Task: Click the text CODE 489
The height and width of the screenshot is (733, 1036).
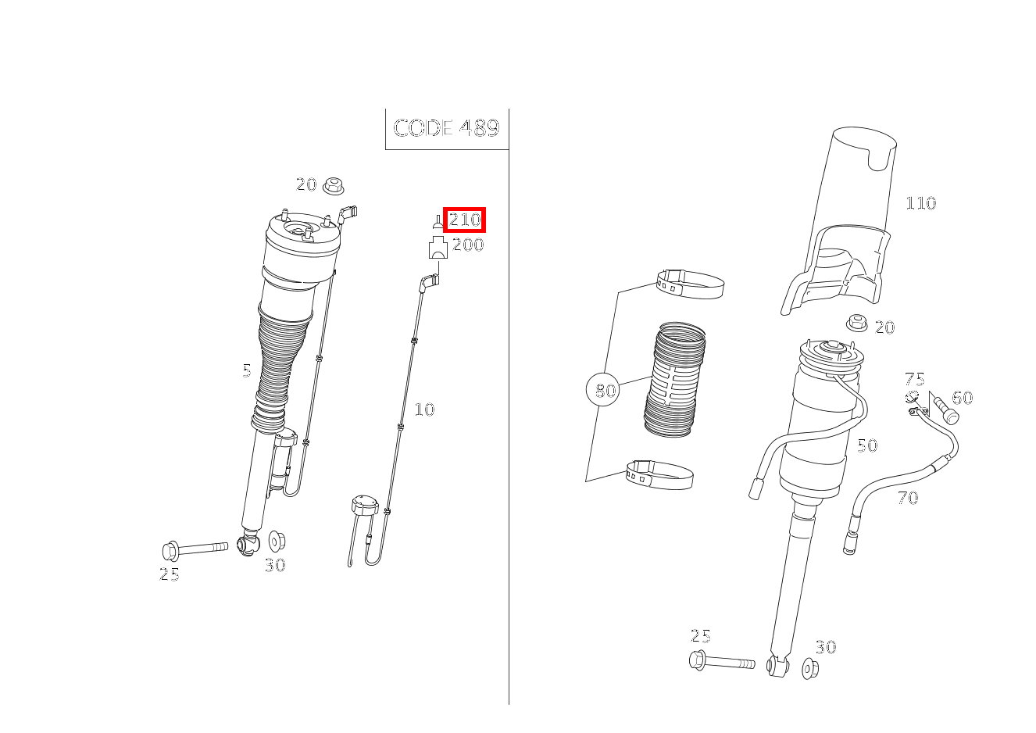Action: tap(446, 128)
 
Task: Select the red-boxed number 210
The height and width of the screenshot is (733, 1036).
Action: tap(465, 220)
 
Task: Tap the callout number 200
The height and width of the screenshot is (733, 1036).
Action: tap(468, 245)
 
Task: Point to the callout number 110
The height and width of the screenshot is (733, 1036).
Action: tap(920, 203)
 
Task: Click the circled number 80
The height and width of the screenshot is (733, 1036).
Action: tap(606, 390)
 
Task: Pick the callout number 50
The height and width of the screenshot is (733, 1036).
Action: tap(866, 445)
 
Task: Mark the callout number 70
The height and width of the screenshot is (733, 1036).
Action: tap(907, 497)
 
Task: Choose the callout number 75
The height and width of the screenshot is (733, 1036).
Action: tap(914, 380)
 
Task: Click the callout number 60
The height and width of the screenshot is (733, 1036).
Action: tap(962, 398)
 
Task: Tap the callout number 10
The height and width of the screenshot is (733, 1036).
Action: tap(423, 409)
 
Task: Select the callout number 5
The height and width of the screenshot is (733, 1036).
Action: tap(247, 370)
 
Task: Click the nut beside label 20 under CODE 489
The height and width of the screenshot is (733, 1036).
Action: tap(334, 188)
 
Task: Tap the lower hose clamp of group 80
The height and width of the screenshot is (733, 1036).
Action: tap(659, 474)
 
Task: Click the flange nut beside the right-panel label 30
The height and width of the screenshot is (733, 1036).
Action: tap(810, 668)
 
